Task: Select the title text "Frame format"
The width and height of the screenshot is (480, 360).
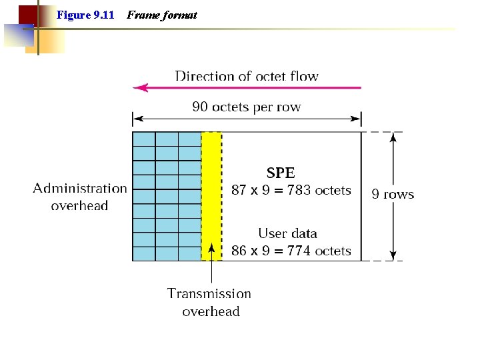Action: click(161, 15)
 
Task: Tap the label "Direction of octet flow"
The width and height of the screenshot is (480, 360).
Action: click(247, 76)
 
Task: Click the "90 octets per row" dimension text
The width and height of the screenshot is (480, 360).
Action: click(247, 107)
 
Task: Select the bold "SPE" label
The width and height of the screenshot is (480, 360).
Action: click(281, 173)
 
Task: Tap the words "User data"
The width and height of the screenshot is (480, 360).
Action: click(287, 233)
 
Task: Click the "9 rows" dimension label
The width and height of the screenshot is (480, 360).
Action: click(393, 195)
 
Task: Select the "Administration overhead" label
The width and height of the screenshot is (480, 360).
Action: click(80, 197)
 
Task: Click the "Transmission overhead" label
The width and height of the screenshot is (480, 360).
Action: click(210, 302)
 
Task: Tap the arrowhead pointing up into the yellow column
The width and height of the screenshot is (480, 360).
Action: click(211, 248)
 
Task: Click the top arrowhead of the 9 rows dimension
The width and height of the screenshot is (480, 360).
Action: click(393, 136)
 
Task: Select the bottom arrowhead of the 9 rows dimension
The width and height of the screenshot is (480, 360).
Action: click(393, 255)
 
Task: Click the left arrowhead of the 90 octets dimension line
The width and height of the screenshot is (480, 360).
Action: click(137, 120)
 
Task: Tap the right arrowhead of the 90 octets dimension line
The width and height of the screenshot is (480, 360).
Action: click(357, 120)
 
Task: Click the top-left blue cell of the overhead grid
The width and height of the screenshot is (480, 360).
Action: click(144, 139)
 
